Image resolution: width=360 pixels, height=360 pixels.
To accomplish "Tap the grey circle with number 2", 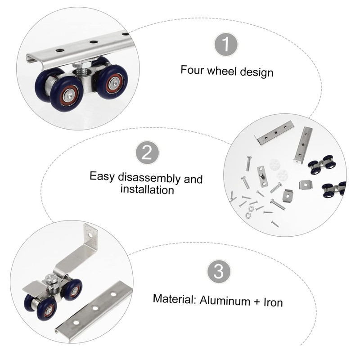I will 147,153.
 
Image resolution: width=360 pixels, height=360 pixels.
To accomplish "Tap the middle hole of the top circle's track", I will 93,42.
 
